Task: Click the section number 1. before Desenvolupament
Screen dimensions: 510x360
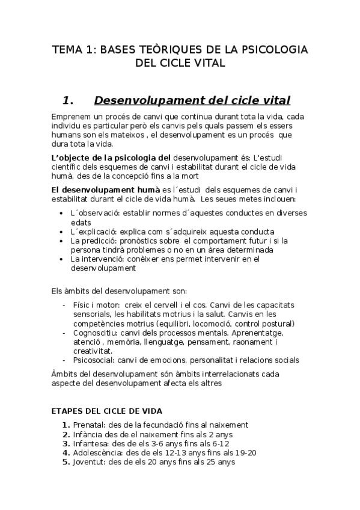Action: [72, 99]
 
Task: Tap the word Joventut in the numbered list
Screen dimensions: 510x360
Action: [89, 462]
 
